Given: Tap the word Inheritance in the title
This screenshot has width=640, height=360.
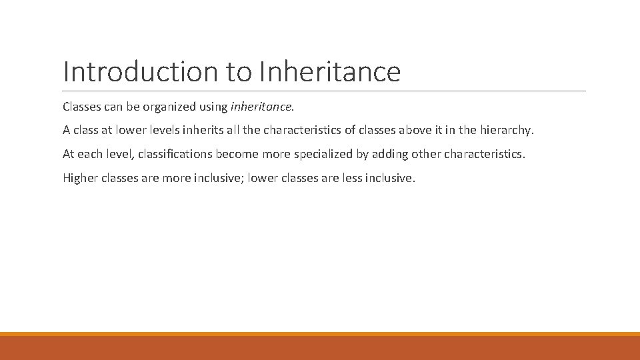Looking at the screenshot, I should [x=330, y=72].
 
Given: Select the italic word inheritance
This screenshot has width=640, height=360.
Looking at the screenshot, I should [x=261, y=106].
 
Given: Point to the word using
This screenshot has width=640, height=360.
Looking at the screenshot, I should [x=213, y=106].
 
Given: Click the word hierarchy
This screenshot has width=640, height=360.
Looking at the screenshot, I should [x=507, y=130].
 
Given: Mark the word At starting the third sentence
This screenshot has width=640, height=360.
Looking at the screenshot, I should [x=69, y=154].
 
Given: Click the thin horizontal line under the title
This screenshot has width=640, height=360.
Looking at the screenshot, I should [x=324, y=91].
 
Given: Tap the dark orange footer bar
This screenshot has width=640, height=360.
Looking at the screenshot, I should [x=320, y=348].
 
